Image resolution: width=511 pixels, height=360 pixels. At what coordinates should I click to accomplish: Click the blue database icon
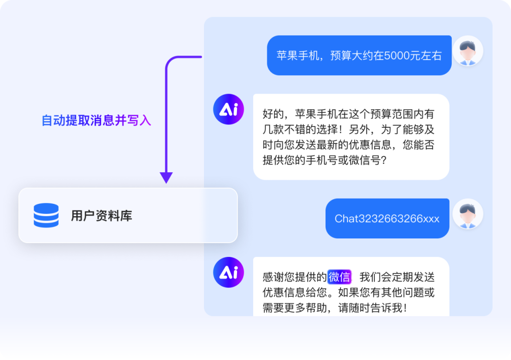(46, 216)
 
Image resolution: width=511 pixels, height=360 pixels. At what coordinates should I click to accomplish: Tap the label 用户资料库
(101, 216)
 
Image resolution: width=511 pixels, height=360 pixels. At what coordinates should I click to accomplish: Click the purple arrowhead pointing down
(166, 177)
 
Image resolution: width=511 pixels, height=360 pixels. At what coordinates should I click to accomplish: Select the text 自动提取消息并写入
(96, 121)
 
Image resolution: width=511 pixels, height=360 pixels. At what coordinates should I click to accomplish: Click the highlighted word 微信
(339, 277)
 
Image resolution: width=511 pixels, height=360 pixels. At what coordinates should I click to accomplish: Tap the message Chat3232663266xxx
(387, 219)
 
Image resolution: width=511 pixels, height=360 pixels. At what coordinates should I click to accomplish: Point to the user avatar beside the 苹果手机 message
(467, 51)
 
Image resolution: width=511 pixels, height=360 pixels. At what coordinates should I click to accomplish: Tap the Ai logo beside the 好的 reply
(229, 109)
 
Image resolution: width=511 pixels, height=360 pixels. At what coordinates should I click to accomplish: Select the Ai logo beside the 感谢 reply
(229, 272)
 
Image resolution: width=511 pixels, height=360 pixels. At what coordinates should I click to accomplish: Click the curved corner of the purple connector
(169, 60)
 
